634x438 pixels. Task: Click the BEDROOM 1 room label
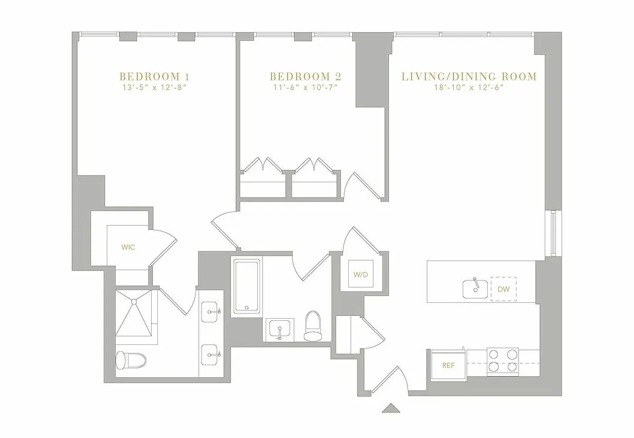[155, 76]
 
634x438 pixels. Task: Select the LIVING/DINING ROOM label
[469, 76]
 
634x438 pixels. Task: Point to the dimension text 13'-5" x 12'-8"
[155, 87]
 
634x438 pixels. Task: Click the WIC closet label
[128, 247]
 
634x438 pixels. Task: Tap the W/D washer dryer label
[360, 275]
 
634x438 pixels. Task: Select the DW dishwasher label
[503, 288]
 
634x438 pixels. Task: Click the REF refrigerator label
[448, 365]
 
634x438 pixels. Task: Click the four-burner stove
[503, 361]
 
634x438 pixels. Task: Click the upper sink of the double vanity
[212, 313]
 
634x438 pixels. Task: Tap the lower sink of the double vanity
[212, 354]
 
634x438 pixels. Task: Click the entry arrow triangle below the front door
[391, 408]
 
